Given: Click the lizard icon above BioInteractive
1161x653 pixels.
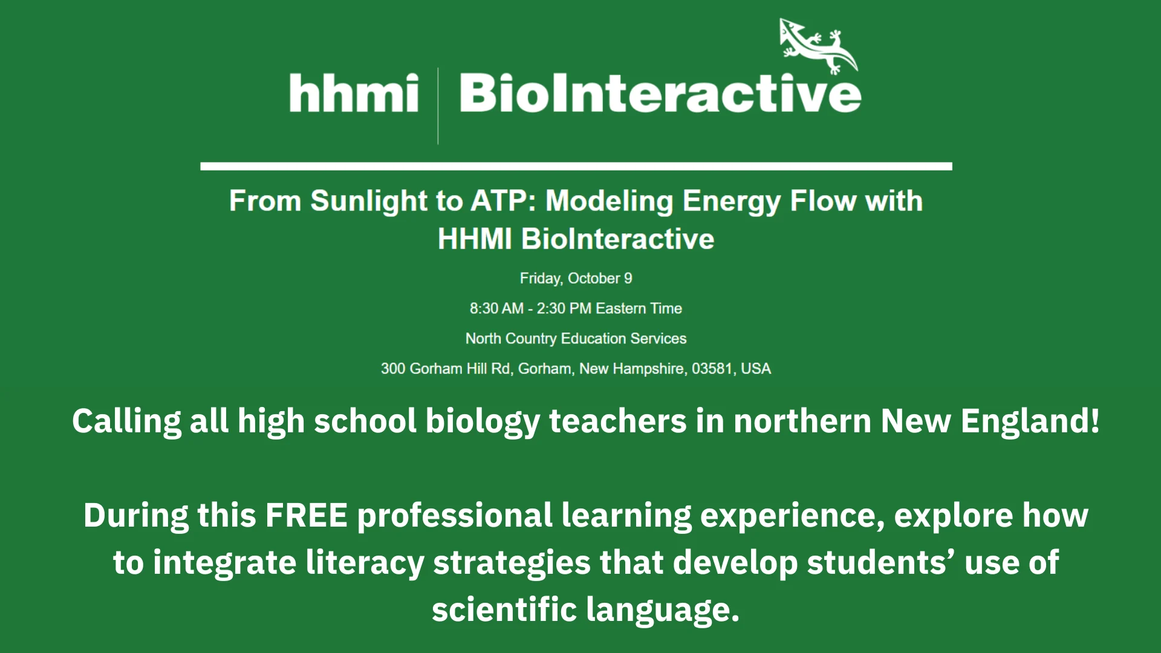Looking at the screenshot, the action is click(x=818, y=46).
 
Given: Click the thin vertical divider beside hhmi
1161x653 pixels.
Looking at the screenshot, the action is click(x=438, y=106).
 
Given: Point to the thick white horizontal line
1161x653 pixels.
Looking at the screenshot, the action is click(x=576, y=166).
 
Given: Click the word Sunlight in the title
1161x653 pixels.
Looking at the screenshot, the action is click(x=369, y=201).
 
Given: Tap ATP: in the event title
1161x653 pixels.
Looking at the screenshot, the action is click(x=503, y=201).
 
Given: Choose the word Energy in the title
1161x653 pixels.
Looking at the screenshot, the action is click(x=731, y=202).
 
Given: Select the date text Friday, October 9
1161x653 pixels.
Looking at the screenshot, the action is click(x=576, y=279).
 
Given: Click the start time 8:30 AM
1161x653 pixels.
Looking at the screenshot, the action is click(x=496, y=308).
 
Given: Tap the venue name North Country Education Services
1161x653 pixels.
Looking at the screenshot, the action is click(x=576, y=339).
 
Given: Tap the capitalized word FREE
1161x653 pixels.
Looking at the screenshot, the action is click(x=307, y=516).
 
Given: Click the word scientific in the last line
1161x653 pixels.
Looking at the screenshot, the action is click(x=504, y=609).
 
